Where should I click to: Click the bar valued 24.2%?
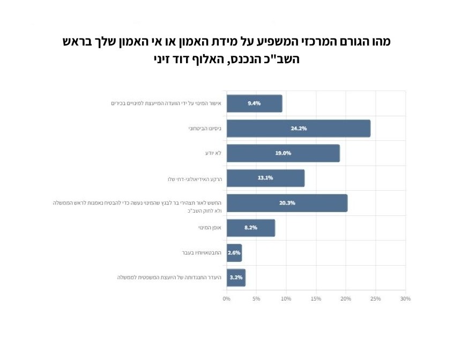pos(298,129)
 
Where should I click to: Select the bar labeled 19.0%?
pos(283,153)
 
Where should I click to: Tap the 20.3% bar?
pos(287,203)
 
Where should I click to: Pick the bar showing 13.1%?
pos(265,178)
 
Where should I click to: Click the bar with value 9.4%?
pos(254,103)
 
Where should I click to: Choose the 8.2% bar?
pos(250,228)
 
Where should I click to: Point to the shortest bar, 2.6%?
pos(234,253)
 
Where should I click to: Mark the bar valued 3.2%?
pos(236,277)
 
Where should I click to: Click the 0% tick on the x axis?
pos(227,298)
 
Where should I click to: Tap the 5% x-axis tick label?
pos(256,298)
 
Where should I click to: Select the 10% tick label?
pos(286,298)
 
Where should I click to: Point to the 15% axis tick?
pos(316,298)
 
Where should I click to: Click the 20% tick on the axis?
pos(346,298)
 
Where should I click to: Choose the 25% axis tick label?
pos(375,298)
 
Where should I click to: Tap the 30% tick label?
pos(405,298)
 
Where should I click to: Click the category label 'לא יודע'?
pos(213,153)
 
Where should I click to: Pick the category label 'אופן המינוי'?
pos(209,228)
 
